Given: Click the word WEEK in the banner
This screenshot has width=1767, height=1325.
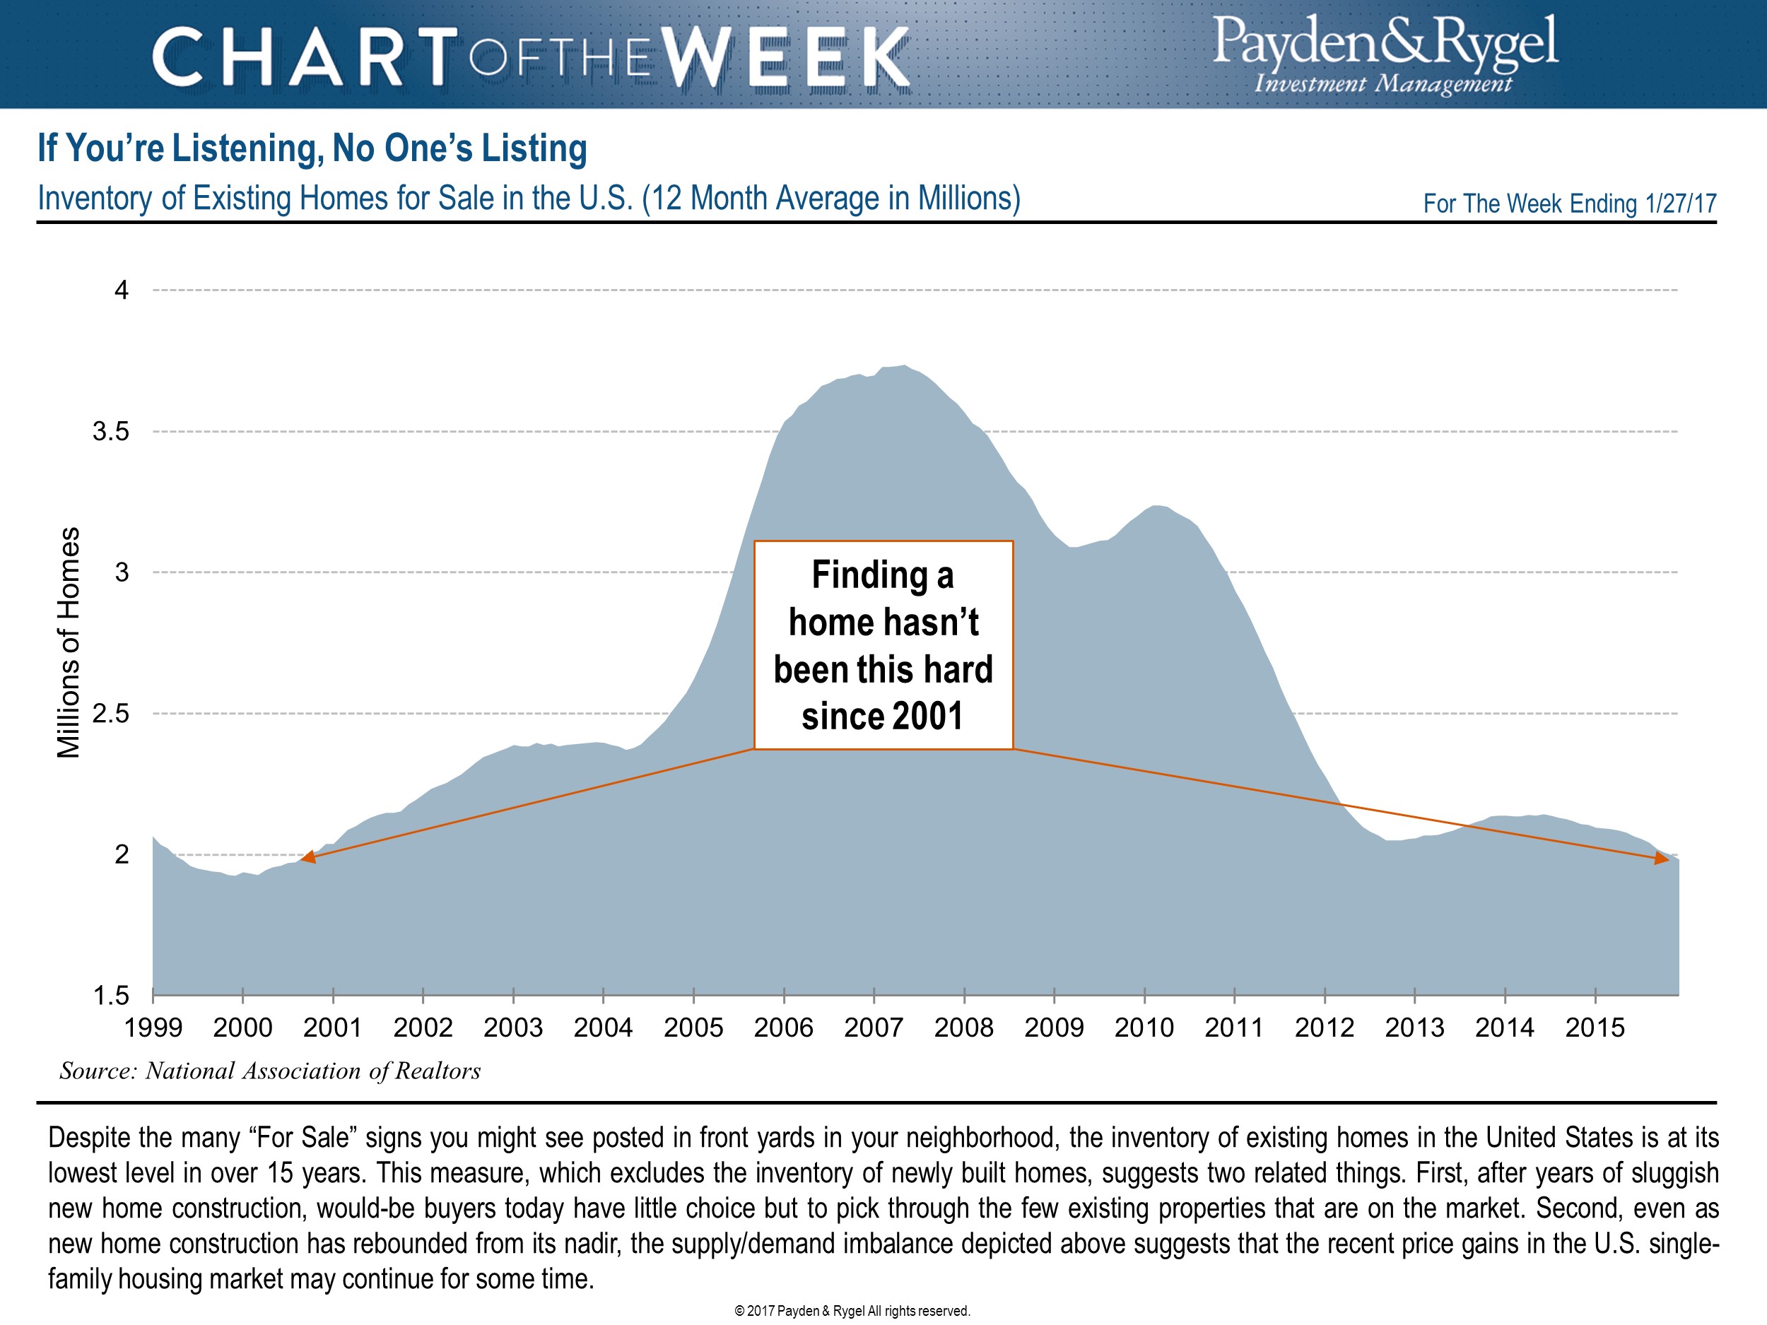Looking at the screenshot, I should click(x=787, y=57).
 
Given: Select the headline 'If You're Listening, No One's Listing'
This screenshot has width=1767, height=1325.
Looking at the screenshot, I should click(x=312, y=148).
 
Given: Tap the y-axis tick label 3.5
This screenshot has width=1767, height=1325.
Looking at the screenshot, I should click(x=110, y=432).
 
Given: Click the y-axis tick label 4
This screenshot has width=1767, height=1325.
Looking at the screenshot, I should click(x=122, y=290).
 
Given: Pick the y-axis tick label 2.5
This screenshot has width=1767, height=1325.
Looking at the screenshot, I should click(x=110, y=714).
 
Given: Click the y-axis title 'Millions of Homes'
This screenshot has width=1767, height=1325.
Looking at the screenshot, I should click(x=69, y=642).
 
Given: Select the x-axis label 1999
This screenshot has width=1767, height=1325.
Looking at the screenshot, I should click(x=153, y=1028).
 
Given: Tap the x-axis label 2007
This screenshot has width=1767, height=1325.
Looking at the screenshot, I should click(x=873, y=1028).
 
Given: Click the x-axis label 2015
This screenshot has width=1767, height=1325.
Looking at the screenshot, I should click(x=1595, y=1028).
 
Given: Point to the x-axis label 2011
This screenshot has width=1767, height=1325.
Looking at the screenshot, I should click(x=1234, y=1028).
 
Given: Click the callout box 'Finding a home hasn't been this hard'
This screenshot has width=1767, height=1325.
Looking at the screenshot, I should click(x=883, y=644).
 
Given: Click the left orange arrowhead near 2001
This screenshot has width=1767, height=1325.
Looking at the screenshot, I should click(x=308, y=857).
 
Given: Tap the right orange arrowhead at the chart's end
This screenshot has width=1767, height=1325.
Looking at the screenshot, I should click(x=1662, y=859).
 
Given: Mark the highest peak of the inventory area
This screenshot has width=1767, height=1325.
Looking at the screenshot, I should click(x=903, y=367).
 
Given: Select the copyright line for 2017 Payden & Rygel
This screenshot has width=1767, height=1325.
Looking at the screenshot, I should click(x=852, y=1311).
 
